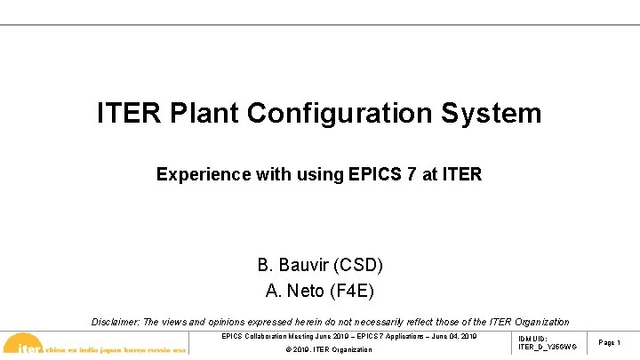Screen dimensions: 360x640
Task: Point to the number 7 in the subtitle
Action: click(411, 174)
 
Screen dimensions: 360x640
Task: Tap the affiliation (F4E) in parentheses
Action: click(352, 290)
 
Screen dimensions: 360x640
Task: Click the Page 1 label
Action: click(610, 342)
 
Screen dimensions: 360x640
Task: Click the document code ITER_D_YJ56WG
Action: click(547, 347)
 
